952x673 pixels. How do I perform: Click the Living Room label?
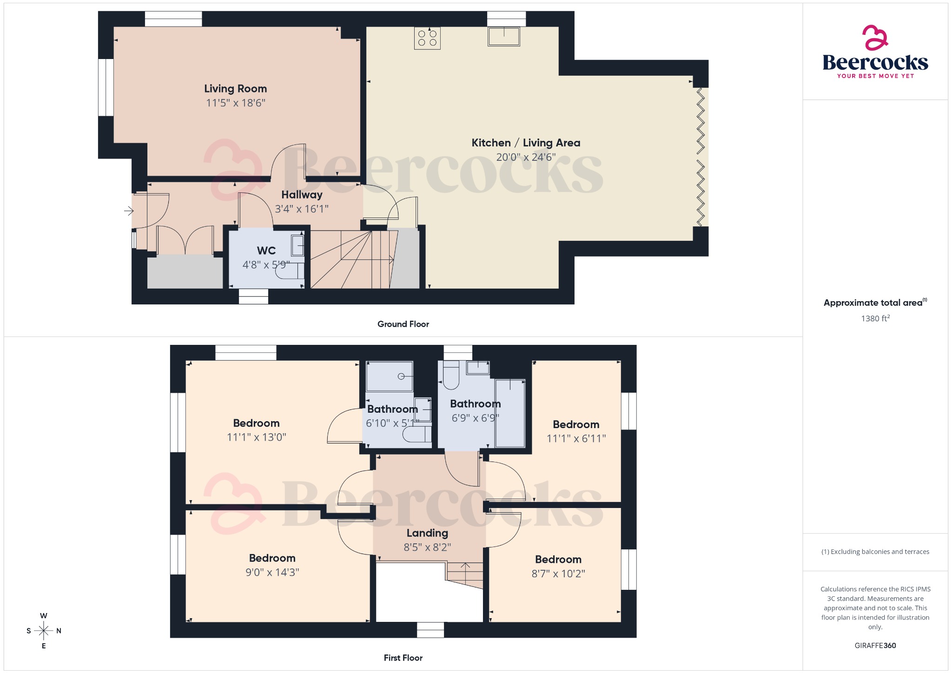(x=235, y=89)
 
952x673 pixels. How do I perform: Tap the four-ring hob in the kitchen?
(x=427, y=38)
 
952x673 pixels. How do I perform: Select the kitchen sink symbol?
(x=503, y=36)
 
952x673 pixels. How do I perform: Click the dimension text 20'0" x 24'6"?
(x=526, y=157)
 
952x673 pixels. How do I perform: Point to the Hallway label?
(x=302, y=195)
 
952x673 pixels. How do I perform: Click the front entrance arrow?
(x=129, y=211)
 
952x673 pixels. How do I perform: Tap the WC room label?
(x=266, y=251)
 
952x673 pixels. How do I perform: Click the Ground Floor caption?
(x=403, y=324)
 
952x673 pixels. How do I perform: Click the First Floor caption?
(x=403, y=658)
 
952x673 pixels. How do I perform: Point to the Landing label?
(x=427, y=533)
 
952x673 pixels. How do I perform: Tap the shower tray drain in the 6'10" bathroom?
(x=401, y=376)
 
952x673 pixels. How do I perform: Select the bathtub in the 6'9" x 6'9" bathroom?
(x=510, y=413)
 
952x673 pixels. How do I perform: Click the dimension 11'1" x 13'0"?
(x=256, y=437)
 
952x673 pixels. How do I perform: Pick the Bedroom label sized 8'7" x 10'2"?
(x=558, y=560)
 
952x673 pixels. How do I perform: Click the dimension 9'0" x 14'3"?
(x=272, y=573)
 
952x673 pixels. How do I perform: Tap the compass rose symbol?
(x=44, y=631)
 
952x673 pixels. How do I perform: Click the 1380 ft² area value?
(x=875, y=318)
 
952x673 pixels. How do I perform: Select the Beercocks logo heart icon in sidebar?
(x=875, y=38)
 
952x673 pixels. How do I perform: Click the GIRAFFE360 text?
(x=875, y=646)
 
